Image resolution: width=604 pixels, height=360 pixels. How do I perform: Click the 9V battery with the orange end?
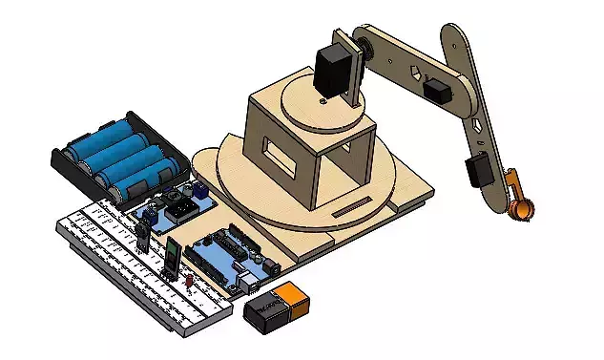pyautogui.click(x=277, y=307)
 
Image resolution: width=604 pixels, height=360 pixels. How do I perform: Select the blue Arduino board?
pyautogui.click(x=224, y=259)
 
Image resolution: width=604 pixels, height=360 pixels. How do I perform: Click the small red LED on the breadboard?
pyautogui.click(x=189, y=280)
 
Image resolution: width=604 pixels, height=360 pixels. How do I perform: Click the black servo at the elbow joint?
pyautogui.click(x=439, y=92)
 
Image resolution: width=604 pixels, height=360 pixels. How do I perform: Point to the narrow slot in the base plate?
pyautogui.click(x=355, y=205)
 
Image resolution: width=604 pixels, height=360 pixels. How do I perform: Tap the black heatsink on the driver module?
pyautogui.click(x=177, y=200)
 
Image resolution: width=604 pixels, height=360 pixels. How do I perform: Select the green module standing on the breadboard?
pyautogui.click(x=170, y=255)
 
